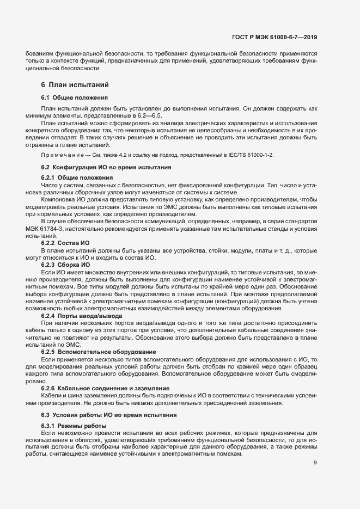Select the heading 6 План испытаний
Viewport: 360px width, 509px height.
point(75,85)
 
